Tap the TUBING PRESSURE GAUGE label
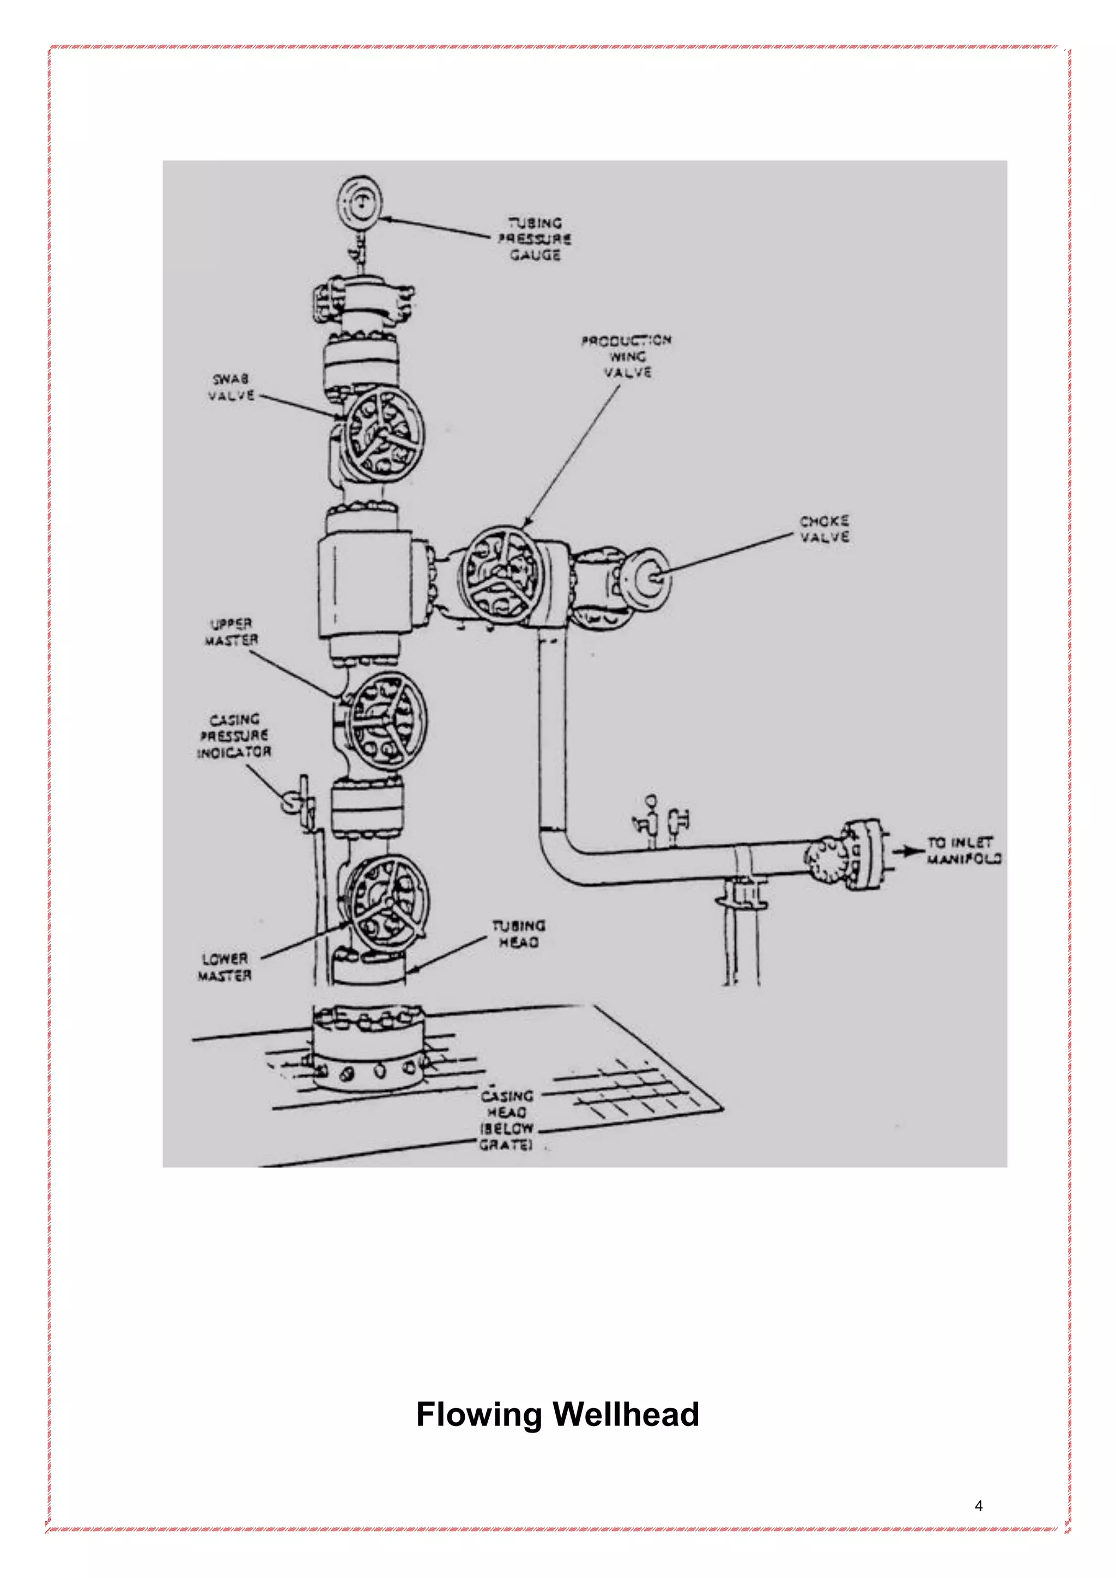click(x=535, y=239)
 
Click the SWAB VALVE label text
click(x=232, y=387)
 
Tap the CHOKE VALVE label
click(x=824, y=529)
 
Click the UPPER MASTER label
click(x=231, y=632)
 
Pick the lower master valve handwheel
click(x=389, y=904)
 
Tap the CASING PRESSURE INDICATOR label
click(x=234, y=736)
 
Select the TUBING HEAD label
click(x=519, y=934)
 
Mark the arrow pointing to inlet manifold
click(x=908, y=852)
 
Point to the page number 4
click(x=979, y=1506)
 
